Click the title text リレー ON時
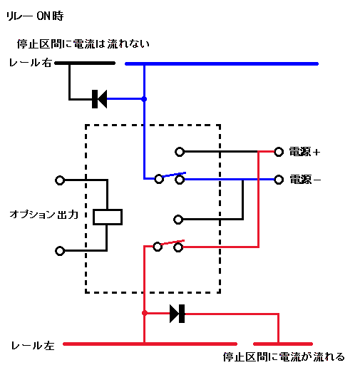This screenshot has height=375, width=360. pyautogui.click(x=35, y=16)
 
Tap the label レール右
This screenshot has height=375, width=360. pyautogui.click(x=30, y=63)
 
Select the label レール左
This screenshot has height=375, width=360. pyautogui.click(x=33, y=345)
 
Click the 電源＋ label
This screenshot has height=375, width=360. pyautogui.click(x=304, y=152)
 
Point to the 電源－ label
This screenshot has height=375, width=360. pyautogui.click(x=305, y=180)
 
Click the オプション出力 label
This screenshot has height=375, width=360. pyautogui.click(x=44, y=215)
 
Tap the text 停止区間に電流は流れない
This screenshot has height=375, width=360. pyautogui.click(x=83, y=44)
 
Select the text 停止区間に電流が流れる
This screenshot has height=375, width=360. pyautogui.click(x=284, y=357)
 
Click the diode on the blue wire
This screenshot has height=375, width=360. pyautogui.click(x=99, y=99)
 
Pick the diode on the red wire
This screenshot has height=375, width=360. pyautogui.click(x=178, y=314)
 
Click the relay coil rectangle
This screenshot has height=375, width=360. pyautogui.click(x=108, y=217)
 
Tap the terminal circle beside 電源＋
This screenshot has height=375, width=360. pyautogui.click(x=279, y=152)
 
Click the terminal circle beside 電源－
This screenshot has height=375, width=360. pyautogui.click(x=279, y=180)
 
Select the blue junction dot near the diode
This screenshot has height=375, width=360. pyautogui.click(x=144, y=99)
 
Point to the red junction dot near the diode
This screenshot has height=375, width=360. pyautogui.click(x=145, y=313)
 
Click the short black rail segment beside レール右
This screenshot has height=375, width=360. pyautogui.click(x=85, y=63)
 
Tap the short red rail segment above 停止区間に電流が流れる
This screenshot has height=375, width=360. pyautogui.click(x=283, y=344)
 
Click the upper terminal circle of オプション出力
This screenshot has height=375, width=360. pyautogui.click(x=60, y=180)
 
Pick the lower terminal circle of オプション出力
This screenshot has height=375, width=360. pyautogui.click(x=60, y=251)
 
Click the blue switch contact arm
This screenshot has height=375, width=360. pyautogui.click(x=174, y=175)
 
